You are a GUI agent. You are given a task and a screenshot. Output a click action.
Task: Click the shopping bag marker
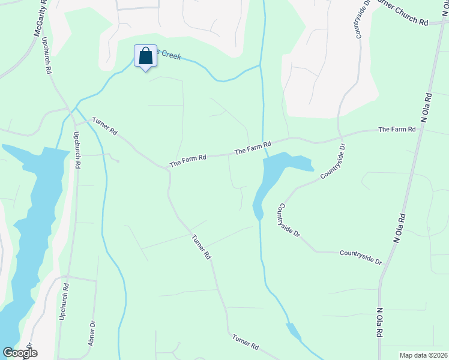[145, 57]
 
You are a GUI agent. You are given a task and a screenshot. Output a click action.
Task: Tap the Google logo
[20, 353]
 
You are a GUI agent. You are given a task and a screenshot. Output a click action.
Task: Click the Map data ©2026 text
[423, 355]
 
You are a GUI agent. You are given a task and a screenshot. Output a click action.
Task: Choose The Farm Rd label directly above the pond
[253, 148]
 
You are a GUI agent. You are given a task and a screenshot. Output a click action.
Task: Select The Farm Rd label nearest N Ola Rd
[396, 130]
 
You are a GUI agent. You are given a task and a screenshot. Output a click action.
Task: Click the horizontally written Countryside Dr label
[360, 257]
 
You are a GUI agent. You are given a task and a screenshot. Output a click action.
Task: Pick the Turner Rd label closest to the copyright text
[245, 343]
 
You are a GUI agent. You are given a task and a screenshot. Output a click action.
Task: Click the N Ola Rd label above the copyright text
[379, 323]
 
